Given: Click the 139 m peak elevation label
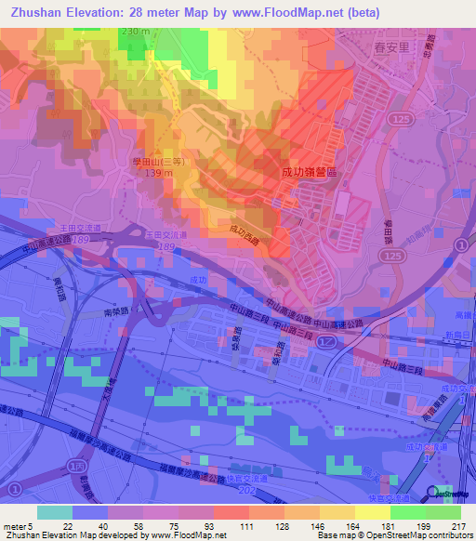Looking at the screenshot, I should click(x=147, y=174).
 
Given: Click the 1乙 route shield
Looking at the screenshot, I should click(x=324, y=343).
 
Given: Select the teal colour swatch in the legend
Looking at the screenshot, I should click(x=54, y=511).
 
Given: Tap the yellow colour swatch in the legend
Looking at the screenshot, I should click(x=372, y=511).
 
